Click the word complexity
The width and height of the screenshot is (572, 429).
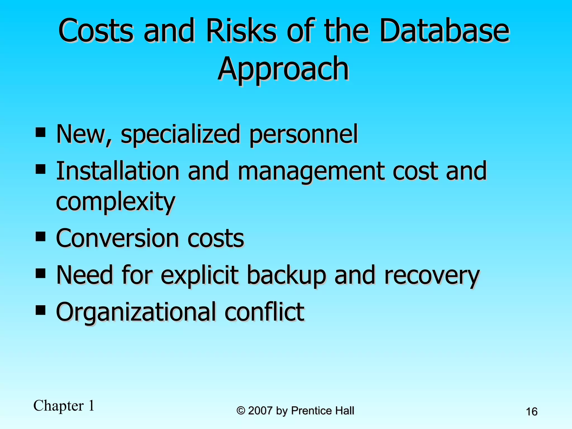pyautogui.click(x=116, y=202)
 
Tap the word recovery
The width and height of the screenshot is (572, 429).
pyautogui.click(x=432, y=276)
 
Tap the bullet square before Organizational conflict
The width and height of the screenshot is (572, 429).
pyautogui.click(x=41, y=310)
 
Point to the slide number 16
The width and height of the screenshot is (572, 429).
pyautogui.click(x=532, y=411)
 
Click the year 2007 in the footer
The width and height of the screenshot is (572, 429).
pyautogui.click(x=260, y=411)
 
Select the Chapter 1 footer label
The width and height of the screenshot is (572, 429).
pyautogui.click(x=64, y=406)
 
